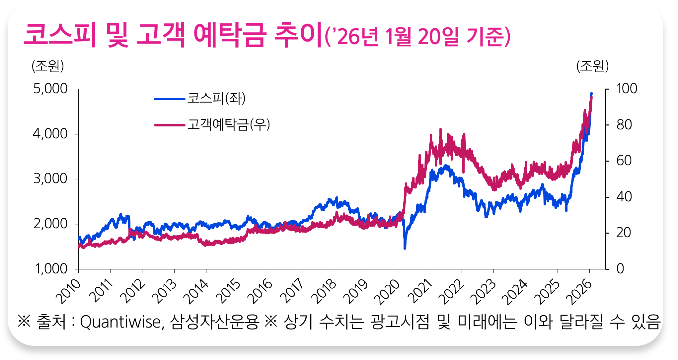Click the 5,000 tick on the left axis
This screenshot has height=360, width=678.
click(x=50, y=89)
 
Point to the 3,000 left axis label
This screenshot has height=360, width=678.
click(x=50, y=179)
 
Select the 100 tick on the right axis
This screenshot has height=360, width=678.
click(x=627, y=89)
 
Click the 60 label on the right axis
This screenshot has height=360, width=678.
click(x=624, y=161)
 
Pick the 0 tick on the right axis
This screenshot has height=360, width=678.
click(x=620, y=269)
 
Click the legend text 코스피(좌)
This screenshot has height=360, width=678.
click(x=216, y=98)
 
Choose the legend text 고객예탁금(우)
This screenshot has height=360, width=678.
click(x=229, y=125)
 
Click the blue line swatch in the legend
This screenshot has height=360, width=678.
click(x=170, y=99)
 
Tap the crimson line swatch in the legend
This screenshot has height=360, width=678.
click(x=170, y=125)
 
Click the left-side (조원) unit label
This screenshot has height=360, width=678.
click(x=48, y=66)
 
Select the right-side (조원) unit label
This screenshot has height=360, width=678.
click(x=592, y=66)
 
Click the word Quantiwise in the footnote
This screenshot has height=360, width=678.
click(x=122, y=322)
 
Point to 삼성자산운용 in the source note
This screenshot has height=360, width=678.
click(x=214, y=322)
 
